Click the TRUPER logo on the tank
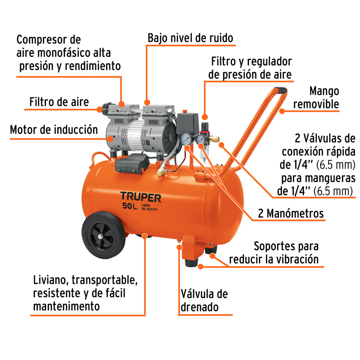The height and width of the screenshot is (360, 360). (141, 197)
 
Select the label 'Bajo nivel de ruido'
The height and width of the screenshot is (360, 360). (190, 38)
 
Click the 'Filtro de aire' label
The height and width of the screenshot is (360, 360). (59, 102)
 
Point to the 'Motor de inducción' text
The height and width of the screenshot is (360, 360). (54, 130)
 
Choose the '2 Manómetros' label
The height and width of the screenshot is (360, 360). (291, 213)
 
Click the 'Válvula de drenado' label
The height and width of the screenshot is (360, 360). (204, 300)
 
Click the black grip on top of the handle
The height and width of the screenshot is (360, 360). (280, 90)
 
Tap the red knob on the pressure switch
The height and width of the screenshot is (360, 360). (185, 111)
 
